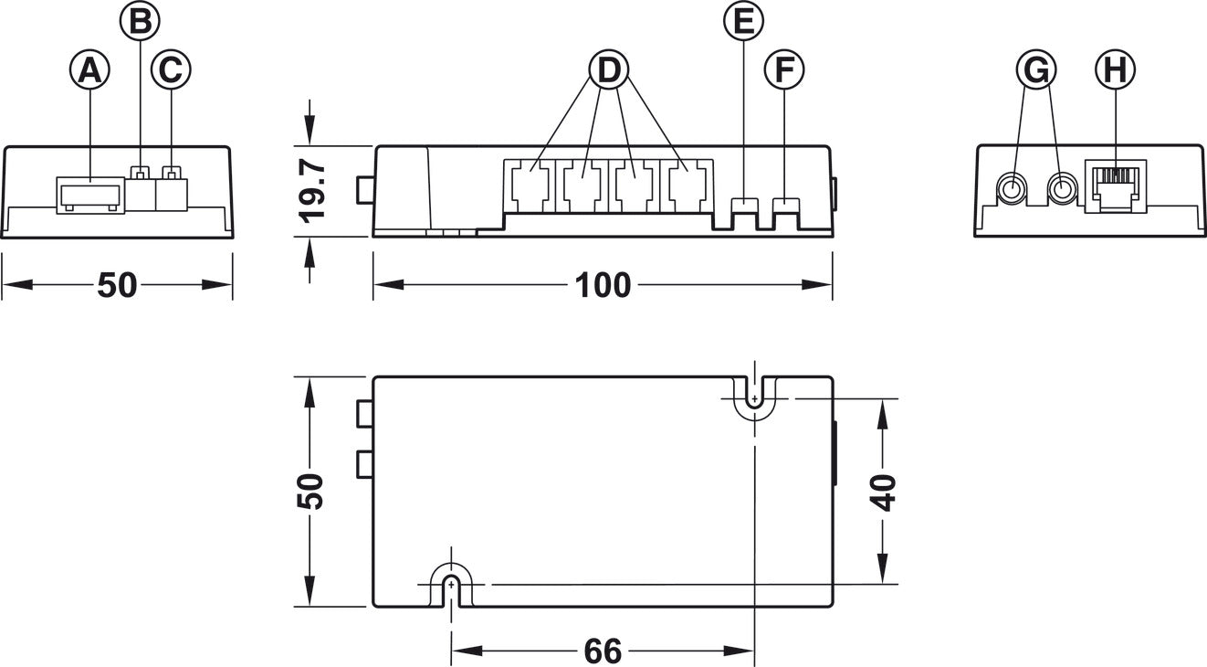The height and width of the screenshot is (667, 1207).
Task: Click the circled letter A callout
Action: (x=89, y=70)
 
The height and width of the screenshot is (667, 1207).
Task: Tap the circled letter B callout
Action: (x=140, y=21)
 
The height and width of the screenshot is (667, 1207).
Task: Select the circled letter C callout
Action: (x=171, y=70)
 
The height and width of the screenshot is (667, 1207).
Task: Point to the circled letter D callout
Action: (x=609, y=70)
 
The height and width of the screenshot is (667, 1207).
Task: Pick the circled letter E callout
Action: (x=743, y=21)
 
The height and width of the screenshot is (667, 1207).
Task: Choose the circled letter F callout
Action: (x=784, y=70)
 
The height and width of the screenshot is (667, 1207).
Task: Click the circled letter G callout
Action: (x=1036, y=70)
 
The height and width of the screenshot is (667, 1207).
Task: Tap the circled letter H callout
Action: (x=1116, y=70)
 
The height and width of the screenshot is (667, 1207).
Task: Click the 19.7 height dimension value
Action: (x=312, y=191)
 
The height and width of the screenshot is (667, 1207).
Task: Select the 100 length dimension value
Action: (x=603, y=285)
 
